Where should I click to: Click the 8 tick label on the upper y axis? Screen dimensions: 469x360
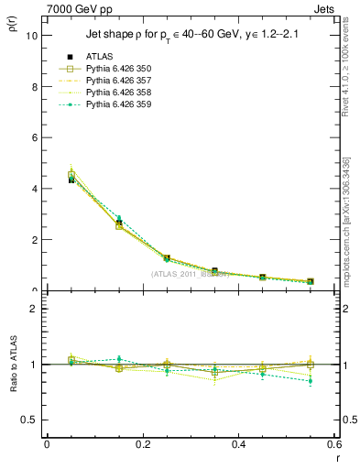35,87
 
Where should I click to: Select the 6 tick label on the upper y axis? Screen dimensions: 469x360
35,137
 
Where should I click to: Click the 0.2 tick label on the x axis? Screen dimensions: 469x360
142,444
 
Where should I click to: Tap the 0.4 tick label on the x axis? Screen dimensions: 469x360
238,444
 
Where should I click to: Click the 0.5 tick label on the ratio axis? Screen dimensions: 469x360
29,420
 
